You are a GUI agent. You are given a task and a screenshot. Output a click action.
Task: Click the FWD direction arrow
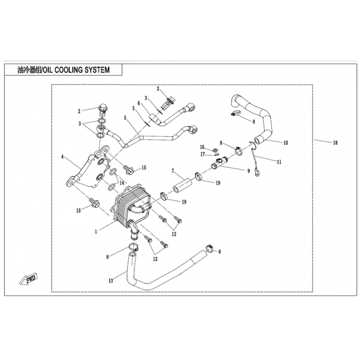click(28, 279)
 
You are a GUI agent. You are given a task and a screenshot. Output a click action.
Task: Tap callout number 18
click(335, 143)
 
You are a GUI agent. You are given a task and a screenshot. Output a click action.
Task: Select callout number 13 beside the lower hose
click(111, 281)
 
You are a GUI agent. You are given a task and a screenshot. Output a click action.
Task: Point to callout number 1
click(96, 232)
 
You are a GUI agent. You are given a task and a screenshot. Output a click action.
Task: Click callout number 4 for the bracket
click(62, 157)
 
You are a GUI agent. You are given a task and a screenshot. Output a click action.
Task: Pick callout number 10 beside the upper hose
click(286, 143)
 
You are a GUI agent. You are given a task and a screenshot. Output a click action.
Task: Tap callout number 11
click(279, 162)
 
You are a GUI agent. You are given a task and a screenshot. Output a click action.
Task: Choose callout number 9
click(248, 171)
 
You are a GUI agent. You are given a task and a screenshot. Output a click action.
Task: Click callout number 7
click(173, 171)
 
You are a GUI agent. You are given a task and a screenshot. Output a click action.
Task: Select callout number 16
click(202, 147)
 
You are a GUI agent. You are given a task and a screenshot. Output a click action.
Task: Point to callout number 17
click(202, 154)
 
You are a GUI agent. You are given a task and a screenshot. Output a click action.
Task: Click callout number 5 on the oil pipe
click(125, 118)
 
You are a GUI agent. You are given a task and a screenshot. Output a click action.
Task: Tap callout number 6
click(139, 103)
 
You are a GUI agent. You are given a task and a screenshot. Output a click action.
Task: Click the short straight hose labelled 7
click(183, 185)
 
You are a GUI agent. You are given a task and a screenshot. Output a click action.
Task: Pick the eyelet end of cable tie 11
click(257, 172)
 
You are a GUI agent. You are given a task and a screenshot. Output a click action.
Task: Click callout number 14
click(121, 183)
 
